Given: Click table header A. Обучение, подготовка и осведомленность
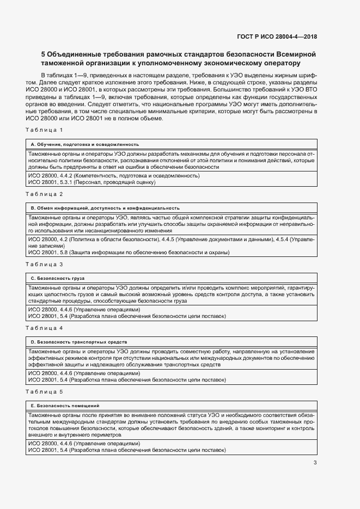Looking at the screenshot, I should [84, 144].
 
